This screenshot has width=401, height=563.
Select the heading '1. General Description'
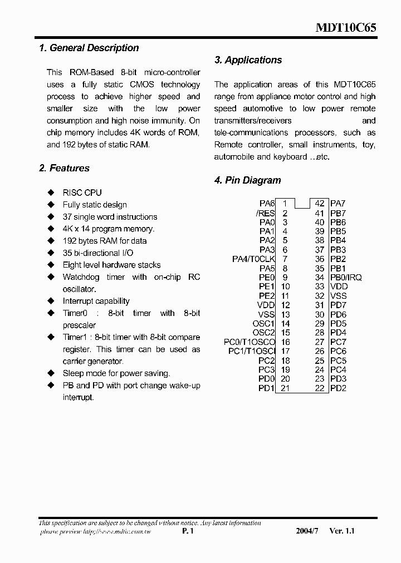tap(89, 48)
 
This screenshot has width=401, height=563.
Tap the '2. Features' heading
tap(64, 168)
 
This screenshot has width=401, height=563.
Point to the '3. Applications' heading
tap(248, 60)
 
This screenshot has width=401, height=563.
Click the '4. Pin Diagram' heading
tap(247, 180)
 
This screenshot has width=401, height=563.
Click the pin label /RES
tap(265, 213)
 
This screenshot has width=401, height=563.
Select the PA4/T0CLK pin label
tap(253, 259)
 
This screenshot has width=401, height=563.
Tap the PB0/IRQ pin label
tap(346, 278)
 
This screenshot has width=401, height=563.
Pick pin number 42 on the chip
tap(320, 204)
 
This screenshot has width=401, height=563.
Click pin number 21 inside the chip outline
tap(285, 388)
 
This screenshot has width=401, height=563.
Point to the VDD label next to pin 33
tap(339, 287)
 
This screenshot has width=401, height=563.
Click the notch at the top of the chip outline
tap(302, 204)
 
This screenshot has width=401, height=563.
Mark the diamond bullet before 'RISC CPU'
tap(51, 192)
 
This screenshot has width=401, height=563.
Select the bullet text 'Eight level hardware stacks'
tap(111, 265)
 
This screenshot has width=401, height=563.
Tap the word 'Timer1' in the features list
tap(75, 338)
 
